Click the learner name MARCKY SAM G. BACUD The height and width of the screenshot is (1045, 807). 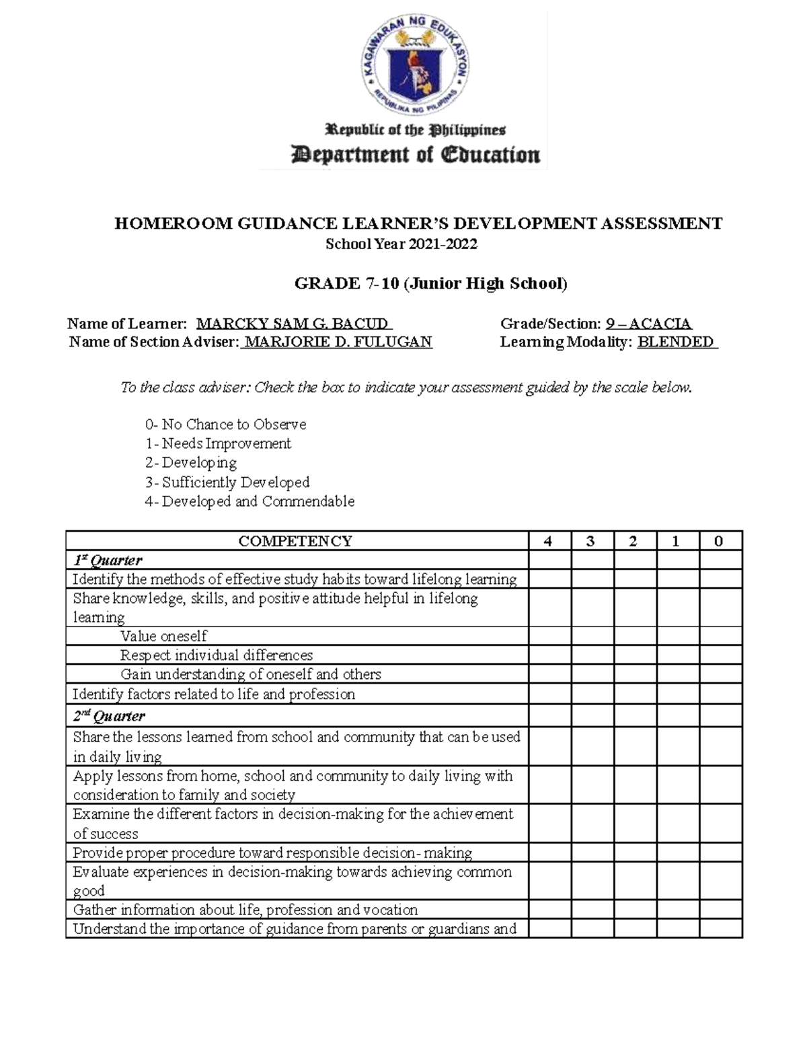tap(293, 324)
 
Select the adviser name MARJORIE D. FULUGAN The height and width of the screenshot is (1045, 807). tap(338, 342)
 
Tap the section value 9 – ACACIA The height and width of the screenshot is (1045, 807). tap(649, 324)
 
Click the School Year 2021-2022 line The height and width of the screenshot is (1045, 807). tap(401, 244)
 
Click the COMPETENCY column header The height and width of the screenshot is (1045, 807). tap(296, 541)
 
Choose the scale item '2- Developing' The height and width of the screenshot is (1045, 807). tap(191, 463)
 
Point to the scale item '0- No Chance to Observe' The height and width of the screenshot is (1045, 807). tap(225, 425)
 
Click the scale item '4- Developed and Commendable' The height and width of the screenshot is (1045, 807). tap(249, 501)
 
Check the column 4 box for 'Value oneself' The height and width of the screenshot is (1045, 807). tap(549, 636)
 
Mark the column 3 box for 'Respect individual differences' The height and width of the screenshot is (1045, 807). tap(592, 655)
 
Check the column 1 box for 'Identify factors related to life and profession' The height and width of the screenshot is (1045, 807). tap(678, 694)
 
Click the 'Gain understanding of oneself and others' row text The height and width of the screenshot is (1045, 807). tap(250, 674)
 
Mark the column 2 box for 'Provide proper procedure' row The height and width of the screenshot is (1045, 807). tap(635, 853)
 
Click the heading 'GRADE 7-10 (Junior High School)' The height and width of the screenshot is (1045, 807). tap(431, 283)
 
